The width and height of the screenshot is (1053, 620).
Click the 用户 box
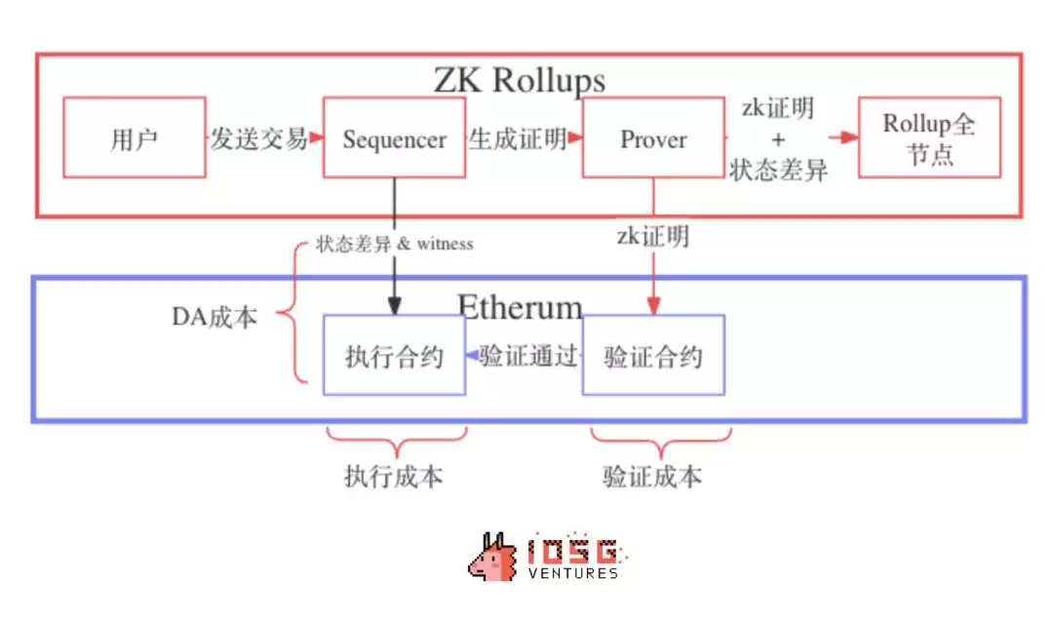coord(135,137)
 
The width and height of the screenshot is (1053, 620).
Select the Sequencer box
coord(394,137)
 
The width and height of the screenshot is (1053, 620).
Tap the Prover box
coord(653,137)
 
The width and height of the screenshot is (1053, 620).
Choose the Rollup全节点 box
coord(929,137)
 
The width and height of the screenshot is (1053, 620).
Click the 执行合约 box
coord(394,356)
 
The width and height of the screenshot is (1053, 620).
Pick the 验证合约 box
coord(653,356)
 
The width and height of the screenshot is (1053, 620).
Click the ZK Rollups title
coord(519,79)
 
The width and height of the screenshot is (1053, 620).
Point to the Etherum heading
coord(520,306)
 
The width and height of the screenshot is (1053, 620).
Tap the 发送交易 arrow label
coord(259,138)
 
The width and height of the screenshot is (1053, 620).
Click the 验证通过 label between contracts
coord(529,356)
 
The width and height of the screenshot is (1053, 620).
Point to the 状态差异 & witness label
coord(394,244)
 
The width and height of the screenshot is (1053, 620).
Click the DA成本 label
coord(214,317)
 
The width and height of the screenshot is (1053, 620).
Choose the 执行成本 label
coord(393,477)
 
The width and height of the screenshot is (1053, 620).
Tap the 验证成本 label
coord(652,477)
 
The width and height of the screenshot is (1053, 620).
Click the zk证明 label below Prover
coord(653,235)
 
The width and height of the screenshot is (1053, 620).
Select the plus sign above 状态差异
coord(777,138)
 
